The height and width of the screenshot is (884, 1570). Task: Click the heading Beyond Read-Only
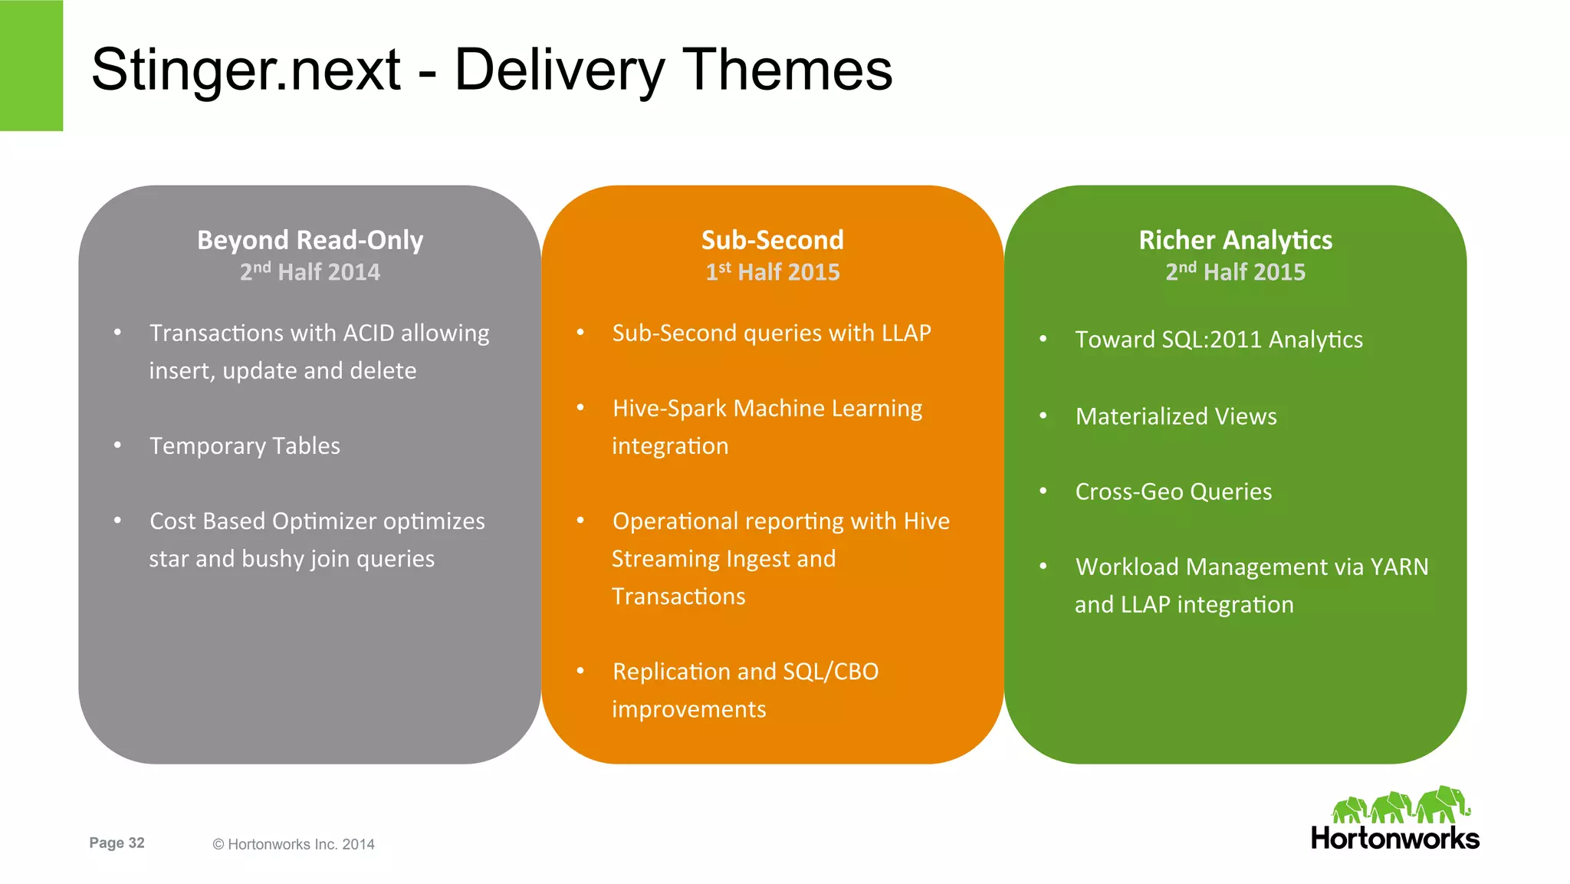pyautogui.click(x=310, y=240)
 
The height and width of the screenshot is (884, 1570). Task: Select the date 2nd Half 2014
pyautogui.click(x=310, y=272)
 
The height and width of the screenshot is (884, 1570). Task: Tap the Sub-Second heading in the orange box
pyautogui.click(x=772, y=240)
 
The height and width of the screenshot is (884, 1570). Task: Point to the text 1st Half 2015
pyautogui.click(x=772, y=272)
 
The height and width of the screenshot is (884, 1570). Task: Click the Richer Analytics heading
pyautogui.click(x=1235, y=240)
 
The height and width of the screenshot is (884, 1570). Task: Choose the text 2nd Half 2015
pyautogui.click(x=1235, y=272)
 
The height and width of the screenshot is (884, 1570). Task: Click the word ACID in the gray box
pyautogui.click(x=368, y=334)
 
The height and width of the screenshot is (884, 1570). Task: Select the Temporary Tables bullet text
pyautogui.click(x=245, y=446)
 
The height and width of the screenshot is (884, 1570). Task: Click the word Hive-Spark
pyautogui.click(x=669, y=409)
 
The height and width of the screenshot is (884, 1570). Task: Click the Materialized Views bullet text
pyautogui.click(x=1176, y=416)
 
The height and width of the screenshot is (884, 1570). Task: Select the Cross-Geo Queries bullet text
pyautogui.click(x=1173, y=491)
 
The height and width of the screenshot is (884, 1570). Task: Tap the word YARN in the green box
pyautogui.click(x=1399, y=567)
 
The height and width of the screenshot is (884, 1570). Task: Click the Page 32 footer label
pyautogui.click(x=117, y=843)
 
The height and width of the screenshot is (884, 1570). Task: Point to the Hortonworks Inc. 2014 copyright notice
pyautogui.click(x=294, y=844)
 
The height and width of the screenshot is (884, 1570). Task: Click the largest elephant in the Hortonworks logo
pyautogui.click(x=1442, y=805)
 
